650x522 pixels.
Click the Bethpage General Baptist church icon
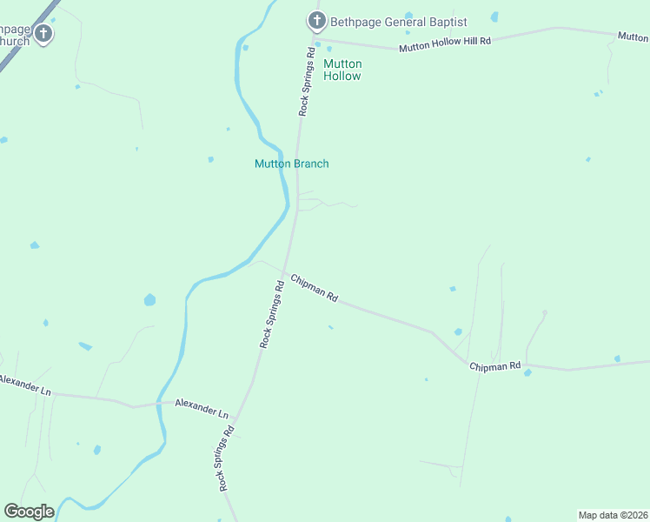click(x=317, y=20)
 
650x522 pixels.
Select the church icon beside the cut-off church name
click(x=43, y=34)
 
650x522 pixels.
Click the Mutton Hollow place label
click(x=342, y=70)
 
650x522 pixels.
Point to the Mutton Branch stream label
click(x=291, y=164)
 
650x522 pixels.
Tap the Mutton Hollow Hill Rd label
click(x=445, y=44)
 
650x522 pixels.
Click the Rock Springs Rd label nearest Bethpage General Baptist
click(x=306, y=82)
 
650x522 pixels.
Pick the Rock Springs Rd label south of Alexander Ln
click(x=228, y=458)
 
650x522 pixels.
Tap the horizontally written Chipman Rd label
click(x=494, y=366)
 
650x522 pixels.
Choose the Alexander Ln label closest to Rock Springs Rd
click(x=201, y=407)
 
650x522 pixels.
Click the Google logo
click(x=29, y=512)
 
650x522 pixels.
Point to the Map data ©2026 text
click(x=613, y=514)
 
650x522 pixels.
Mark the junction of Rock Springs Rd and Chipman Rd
click(x=284, y=271)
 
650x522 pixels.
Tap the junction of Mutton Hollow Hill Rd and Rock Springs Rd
click(x=314, y=38)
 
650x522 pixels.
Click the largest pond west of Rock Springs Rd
click(x=149, y=300)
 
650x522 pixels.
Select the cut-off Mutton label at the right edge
click(x=633, y=37)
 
